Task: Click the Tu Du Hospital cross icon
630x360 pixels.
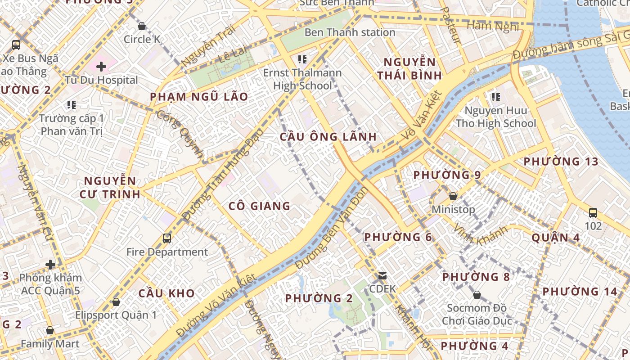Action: click(101, 67)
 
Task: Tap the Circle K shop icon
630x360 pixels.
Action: click(142, 26)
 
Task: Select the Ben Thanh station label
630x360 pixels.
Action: click(350, 32)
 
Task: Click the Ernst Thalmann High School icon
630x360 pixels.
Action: click(302, 59)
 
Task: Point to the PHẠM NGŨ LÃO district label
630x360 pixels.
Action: click(199, 97)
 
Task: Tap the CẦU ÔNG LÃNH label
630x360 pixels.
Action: click(328, 137)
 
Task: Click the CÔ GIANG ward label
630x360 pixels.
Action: click(259, 206)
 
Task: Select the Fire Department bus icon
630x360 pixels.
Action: click(167, 238)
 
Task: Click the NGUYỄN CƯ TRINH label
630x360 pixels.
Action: click(110, 188)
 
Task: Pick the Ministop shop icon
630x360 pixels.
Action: click(453, 196)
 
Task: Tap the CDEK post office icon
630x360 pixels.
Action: click(382, 275)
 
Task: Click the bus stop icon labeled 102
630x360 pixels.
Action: click(593, 212)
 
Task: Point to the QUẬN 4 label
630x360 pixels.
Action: click(556, 237)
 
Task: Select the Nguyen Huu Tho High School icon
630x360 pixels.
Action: click(496, 97)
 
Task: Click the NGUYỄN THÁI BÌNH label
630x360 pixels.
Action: click(409, 68)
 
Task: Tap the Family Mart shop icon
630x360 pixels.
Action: click(50, 331)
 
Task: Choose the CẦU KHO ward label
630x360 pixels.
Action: click(166, 293)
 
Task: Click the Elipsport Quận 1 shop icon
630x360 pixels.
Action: click(116, 301)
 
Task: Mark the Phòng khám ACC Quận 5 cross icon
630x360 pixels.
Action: click(50, 264)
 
